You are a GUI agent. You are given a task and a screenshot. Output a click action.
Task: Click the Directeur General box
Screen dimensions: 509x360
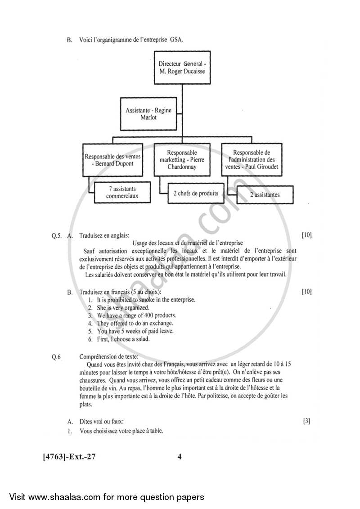[x=182, y=67]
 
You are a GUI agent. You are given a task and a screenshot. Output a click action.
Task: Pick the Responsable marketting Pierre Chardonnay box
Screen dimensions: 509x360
[x=182, y=160]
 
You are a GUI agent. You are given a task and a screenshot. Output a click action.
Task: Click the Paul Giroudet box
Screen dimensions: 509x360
[x=252, y=160]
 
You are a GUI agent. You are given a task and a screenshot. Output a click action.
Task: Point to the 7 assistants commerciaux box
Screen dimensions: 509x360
[x=121, y=193]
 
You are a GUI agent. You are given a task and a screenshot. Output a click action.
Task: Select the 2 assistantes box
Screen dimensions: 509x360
[x=265, y=194]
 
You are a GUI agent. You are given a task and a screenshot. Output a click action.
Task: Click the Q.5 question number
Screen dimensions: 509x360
[x=56, y=235]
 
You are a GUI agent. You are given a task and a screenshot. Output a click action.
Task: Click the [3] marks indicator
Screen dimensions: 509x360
[x=306, y=421]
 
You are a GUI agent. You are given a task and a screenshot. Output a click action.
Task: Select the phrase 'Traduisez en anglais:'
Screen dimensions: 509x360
[x=104, y=235]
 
